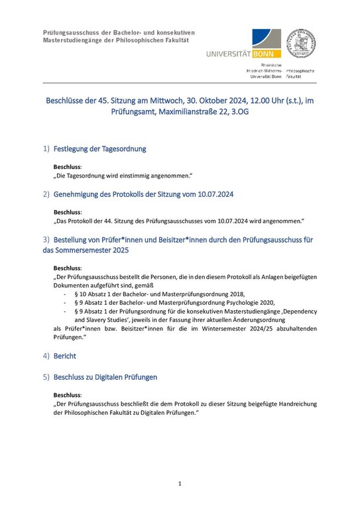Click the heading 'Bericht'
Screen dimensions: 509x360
[x=65, y=356]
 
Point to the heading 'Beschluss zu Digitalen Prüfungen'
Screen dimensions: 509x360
[x=105, y=377]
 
